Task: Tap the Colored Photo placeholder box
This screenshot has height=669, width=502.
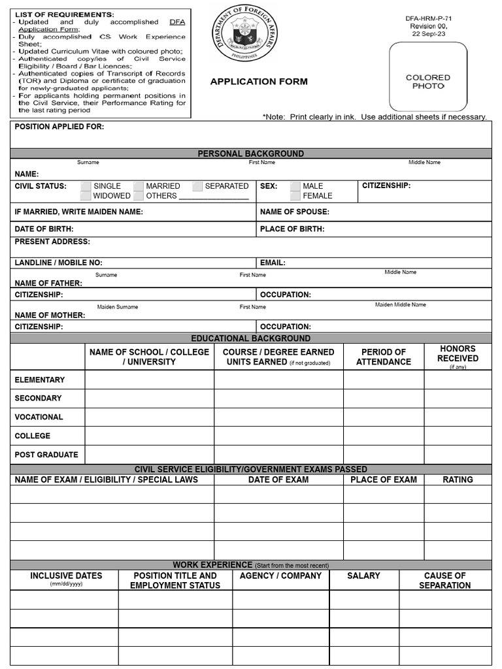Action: (428, 76)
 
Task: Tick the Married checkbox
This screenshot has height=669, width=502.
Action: (138, 186)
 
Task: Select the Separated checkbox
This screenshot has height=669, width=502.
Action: (197, 186)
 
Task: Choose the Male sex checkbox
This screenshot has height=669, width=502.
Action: (295, 186)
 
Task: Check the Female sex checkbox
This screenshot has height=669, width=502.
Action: (295, 196)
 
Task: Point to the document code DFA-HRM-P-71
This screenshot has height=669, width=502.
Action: (428, 18)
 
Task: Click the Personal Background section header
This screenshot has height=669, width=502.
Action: (251, 154)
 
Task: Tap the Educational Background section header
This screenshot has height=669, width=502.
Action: (251, 338)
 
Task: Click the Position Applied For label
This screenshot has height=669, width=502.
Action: (59, 127)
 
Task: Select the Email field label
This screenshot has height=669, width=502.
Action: (273, 263)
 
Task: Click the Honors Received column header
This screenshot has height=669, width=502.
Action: (458, 353)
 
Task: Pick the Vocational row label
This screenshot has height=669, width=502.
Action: (39, 417)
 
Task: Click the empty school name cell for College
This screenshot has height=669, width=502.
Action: (150, 436)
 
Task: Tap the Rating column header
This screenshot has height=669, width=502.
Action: (458, 480)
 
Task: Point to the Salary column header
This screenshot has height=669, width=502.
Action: (363, 576)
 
